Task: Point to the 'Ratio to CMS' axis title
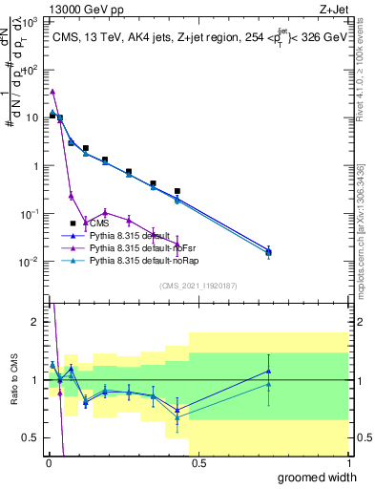click(x=13, y=393)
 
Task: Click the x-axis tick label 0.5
click(x=197, y=463)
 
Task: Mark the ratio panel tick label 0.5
click(x=31, y=437)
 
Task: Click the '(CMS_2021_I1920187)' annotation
click(x=198, y=286)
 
